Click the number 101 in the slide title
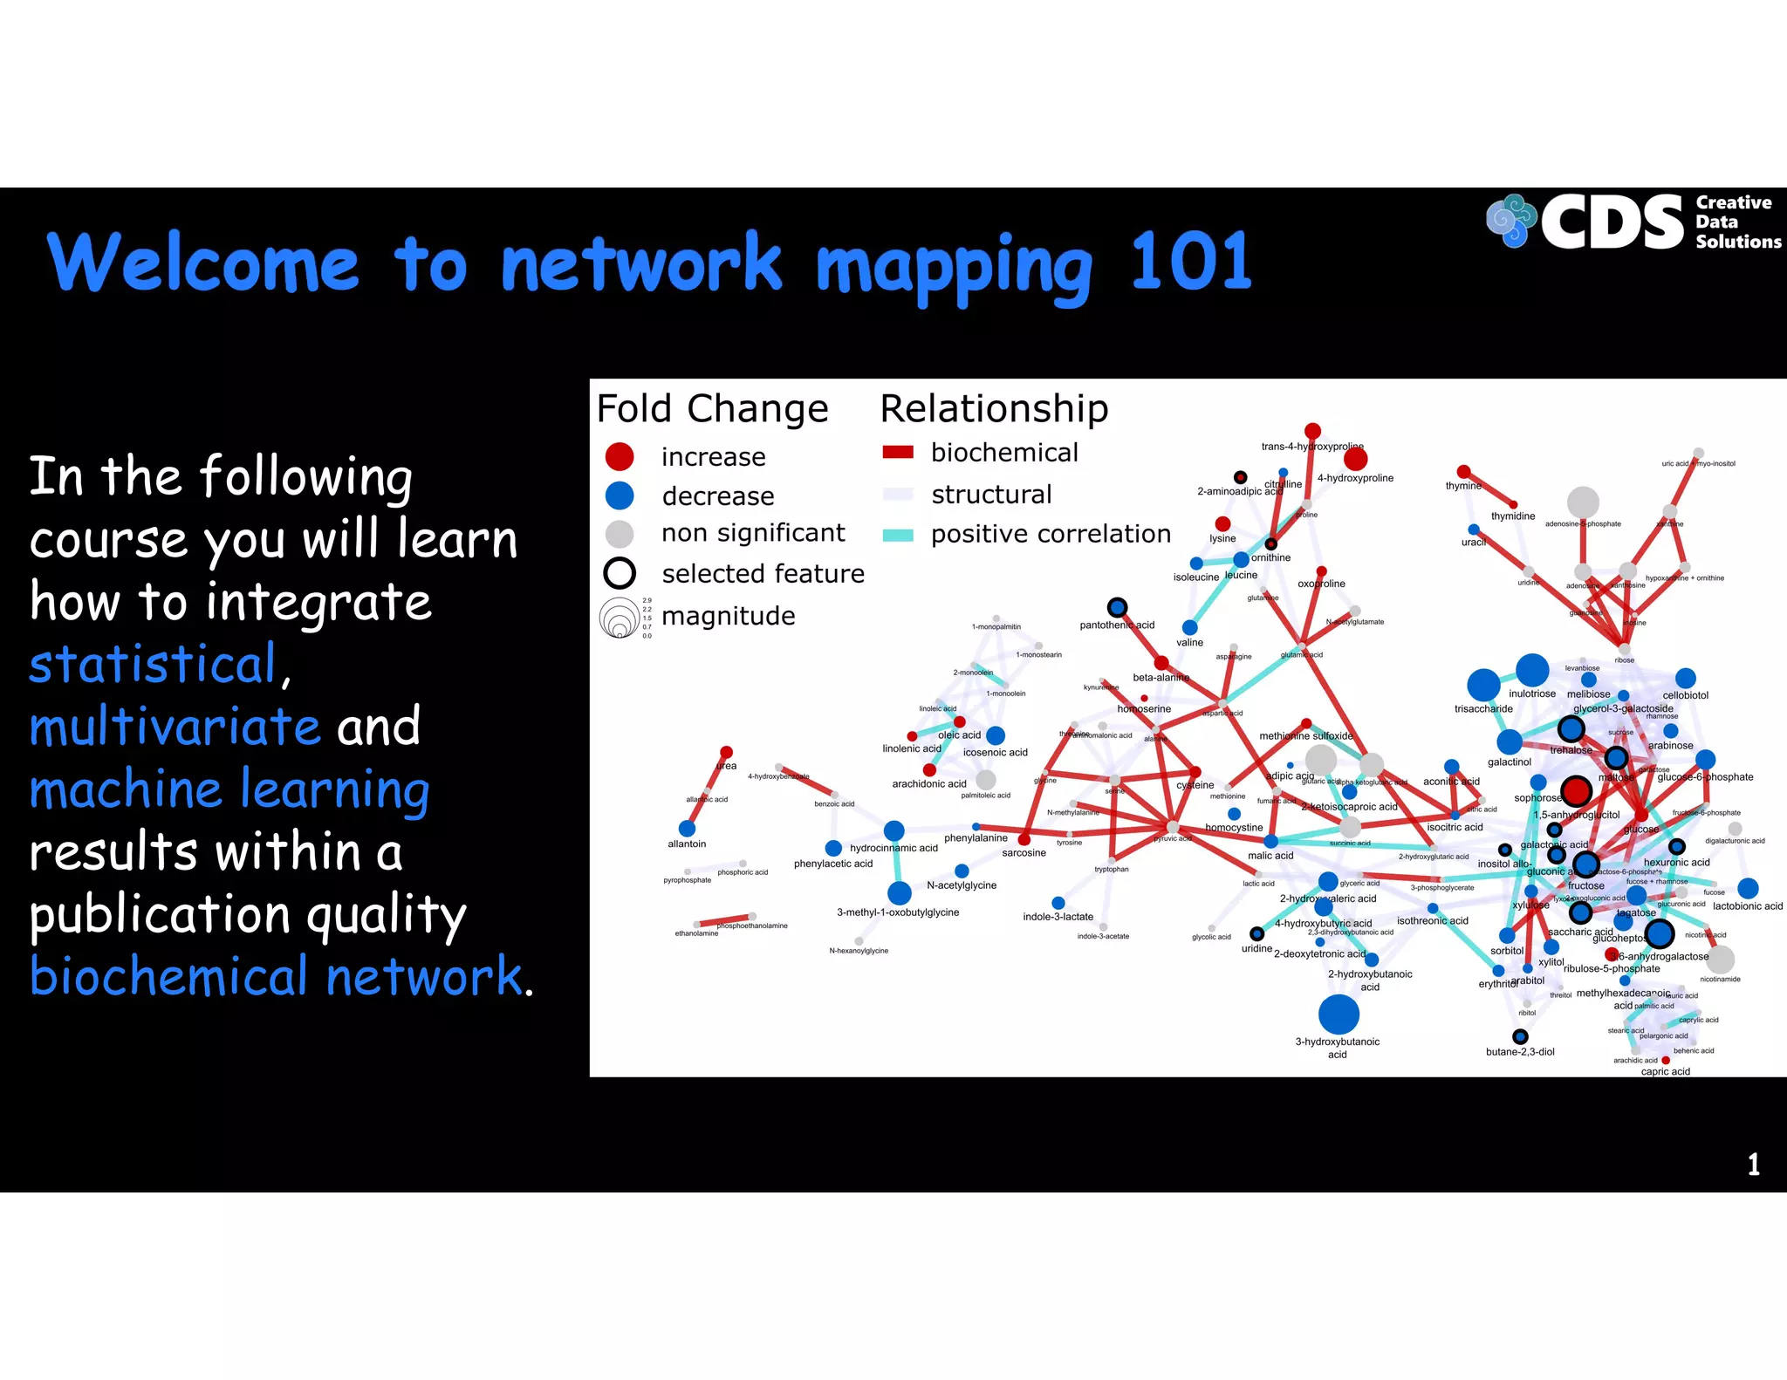1190,262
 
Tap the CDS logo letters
1612,222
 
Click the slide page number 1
1753,1164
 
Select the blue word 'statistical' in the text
154,665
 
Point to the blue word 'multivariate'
175,727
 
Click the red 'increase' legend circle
620,456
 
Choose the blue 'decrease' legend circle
620,495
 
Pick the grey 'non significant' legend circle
620,534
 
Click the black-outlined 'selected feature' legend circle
620,573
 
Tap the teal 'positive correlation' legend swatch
898,535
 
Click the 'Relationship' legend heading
994,408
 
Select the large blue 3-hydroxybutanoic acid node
1339,1014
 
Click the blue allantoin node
687,828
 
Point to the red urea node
726,752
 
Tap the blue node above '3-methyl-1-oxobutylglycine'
899,892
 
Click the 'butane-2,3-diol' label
1520,1052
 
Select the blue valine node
1189,627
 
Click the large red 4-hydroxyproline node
1355,459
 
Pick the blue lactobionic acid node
1748,888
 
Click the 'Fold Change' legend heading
712,408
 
